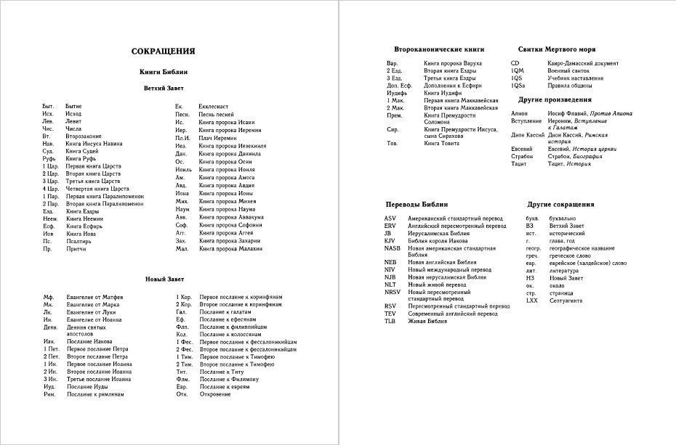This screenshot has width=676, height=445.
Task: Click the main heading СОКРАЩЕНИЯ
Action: (163, 52)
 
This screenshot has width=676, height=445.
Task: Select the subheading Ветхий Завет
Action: (164, 88)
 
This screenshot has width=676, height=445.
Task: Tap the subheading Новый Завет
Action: (164, 279)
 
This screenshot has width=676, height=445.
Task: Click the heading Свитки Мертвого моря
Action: (557, 49)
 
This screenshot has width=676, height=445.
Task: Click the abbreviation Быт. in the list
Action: (49, 107)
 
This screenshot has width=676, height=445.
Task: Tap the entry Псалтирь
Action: (78, 241)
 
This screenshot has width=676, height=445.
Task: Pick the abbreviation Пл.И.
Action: (182, 137)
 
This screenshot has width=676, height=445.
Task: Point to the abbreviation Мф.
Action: (49, 297)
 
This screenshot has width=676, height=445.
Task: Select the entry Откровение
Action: (216, 394)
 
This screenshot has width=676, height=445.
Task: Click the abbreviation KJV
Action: (390, 240)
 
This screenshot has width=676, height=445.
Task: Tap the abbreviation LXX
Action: (532, 301)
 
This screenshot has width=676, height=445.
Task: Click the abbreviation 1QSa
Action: (518, 85)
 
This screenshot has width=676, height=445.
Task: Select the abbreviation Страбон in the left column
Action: (523, 156)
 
